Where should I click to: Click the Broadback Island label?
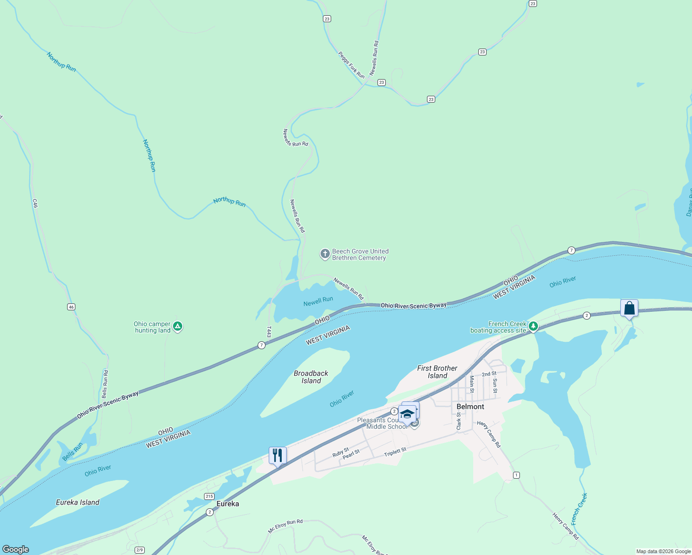pyautogui.click(x=311, y=377)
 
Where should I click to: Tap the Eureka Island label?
pyautogui.click(x=77, y=502)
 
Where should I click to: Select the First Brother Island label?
pyautogui.click(x=437, y=372)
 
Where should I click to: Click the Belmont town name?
pyautogui.click(x=470, y=407)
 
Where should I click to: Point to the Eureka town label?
pyautogui.click(x=228, y=504)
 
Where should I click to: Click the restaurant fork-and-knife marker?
pyautogui.click(x=278, y=456)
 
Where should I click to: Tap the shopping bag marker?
pyautogui.click(x=629, y=308)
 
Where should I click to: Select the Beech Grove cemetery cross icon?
pyautogui.click(x=325, y=254)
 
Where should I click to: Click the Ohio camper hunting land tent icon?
pyautogui.click(x=178, y=327)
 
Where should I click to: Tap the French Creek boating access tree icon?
pyautogui.click(x=533, y=327)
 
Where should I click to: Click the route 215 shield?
pyautogui.click(x=209, y=496)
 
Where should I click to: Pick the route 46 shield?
pyautogui.click(x=71, y=307)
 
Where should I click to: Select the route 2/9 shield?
pyautogui.click(x=139, y=550)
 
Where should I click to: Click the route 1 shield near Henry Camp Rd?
pyautogui.click(x=516, y=475)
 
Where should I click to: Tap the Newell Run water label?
pyautogui.click(x=318, y=302)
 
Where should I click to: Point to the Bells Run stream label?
pyautogui.click(x=73, y=451)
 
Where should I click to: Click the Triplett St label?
pyautogui.click(x=395, y=452)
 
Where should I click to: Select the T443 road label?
pyautogui.click(x=269, y=331)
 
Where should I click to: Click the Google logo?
pyautogui.click(x=16, y=549)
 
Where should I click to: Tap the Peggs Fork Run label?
pyautogui.click(x=351, y=65)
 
